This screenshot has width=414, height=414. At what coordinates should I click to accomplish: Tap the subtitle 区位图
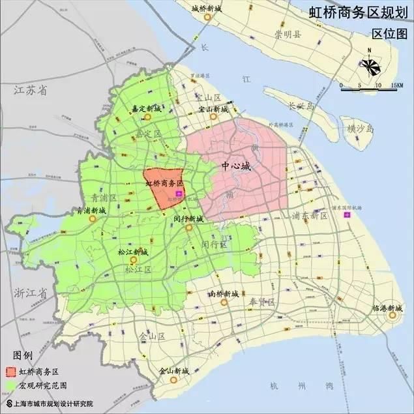coord(389,33)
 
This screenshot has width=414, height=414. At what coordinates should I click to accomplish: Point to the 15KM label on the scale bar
coord(394,85)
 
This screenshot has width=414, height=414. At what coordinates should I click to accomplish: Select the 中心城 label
coord(235,166)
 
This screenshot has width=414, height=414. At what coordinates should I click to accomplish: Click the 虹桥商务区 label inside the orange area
coord(164,184)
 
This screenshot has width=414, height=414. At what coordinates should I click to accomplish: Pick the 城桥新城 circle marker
coord(207,18)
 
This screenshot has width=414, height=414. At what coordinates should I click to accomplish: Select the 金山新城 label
coord(173,371)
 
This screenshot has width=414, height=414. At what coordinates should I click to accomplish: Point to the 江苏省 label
coord(31,91)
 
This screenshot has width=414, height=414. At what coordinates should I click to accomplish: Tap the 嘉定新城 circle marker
coord(147,117)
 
